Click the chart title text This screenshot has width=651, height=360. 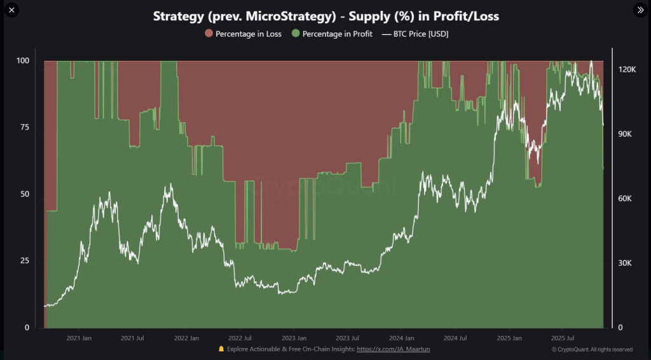325,17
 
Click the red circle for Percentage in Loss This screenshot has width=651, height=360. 209,34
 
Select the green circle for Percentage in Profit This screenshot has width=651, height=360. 295,34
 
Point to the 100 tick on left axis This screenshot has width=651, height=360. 24,61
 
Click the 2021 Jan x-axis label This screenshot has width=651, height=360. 79,338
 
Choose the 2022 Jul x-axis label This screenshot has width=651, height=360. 240,338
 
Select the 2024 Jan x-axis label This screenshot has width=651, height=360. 401,338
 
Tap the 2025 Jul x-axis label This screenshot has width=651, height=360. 563,338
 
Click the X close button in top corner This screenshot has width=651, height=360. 11,10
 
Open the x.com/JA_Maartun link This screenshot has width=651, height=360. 392,349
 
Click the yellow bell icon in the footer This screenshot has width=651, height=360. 221,349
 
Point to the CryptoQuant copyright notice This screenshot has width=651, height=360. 592,349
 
